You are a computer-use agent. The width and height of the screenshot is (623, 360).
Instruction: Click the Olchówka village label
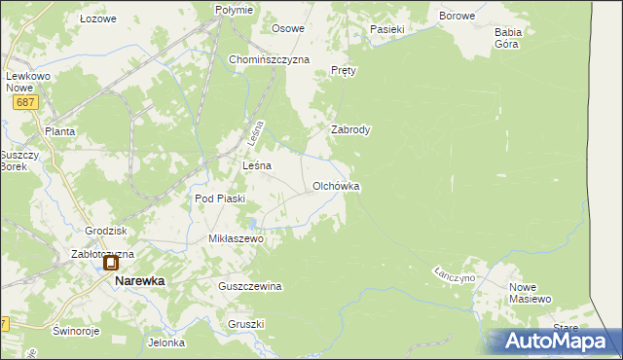[x=337, y=185]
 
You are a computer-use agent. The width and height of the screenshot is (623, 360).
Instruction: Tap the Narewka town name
[x=140, y=280]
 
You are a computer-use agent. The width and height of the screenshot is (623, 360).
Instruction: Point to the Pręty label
[x=345, y=71]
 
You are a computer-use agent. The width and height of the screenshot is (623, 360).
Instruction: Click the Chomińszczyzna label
[x=269, y=59]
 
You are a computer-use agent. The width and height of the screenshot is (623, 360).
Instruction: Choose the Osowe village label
[x=288, y=28]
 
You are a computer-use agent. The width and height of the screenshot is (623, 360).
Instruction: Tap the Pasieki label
[x=386, y=29]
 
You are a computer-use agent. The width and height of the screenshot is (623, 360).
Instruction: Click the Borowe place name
[x=457, y=17]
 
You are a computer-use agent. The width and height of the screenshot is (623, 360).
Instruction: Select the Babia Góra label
[x=508, y=38]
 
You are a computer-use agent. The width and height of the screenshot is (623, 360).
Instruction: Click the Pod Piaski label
[x=220, y=198]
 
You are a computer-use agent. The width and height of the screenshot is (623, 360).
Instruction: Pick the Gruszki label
[x=246, y=324]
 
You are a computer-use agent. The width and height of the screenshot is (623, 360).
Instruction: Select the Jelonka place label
[x=166, y=342]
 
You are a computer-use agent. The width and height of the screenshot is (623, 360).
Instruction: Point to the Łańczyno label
[x=455, y=275]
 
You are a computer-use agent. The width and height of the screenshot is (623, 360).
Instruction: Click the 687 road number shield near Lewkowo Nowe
[x=26, y=101]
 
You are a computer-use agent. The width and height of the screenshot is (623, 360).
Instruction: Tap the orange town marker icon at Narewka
[x=111, y=263]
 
